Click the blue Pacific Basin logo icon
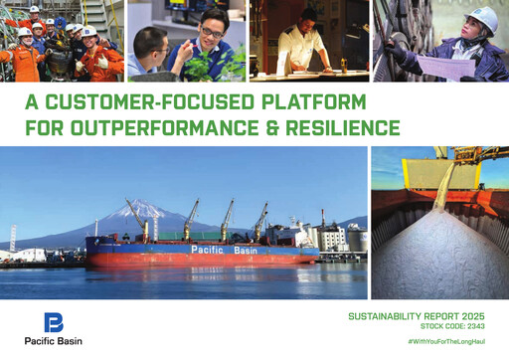point(54,322)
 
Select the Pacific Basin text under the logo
point(55,341)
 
